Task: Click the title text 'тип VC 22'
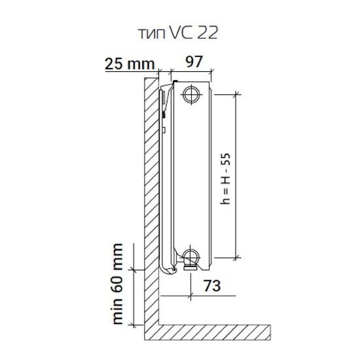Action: click(178, 33)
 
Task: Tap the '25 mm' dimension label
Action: click(130, 63)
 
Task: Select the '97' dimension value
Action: click(194, 62)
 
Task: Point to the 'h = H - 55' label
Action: click(225, 179)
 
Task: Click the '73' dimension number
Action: click(212, 285)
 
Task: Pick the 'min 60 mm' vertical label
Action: click(118, 284)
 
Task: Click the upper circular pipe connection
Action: click(191, 94)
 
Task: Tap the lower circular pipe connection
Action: click(191, 257)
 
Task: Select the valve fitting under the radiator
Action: click(190, 267)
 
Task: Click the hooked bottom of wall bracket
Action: click(167, 270)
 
